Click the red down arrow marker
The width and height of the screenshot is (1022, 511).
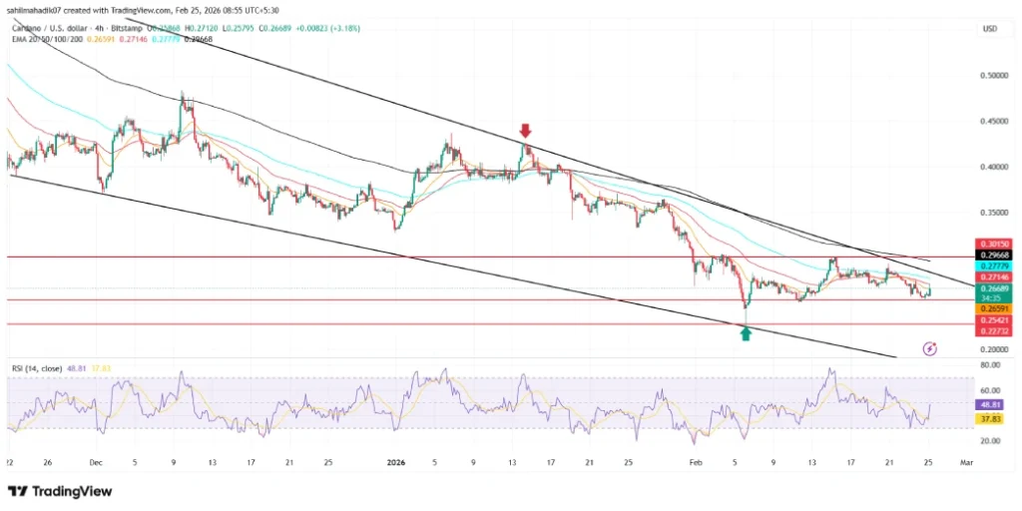(526, 131)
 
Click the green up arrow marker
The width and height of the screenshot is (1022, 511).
(746, 334)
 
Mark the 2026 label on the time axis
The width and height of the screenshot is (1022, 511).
(396, 462)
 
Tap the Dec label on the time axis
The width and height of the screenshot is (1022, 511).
(96, 462)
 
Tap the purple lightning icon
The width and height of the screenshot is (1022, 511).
(930, 348)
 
